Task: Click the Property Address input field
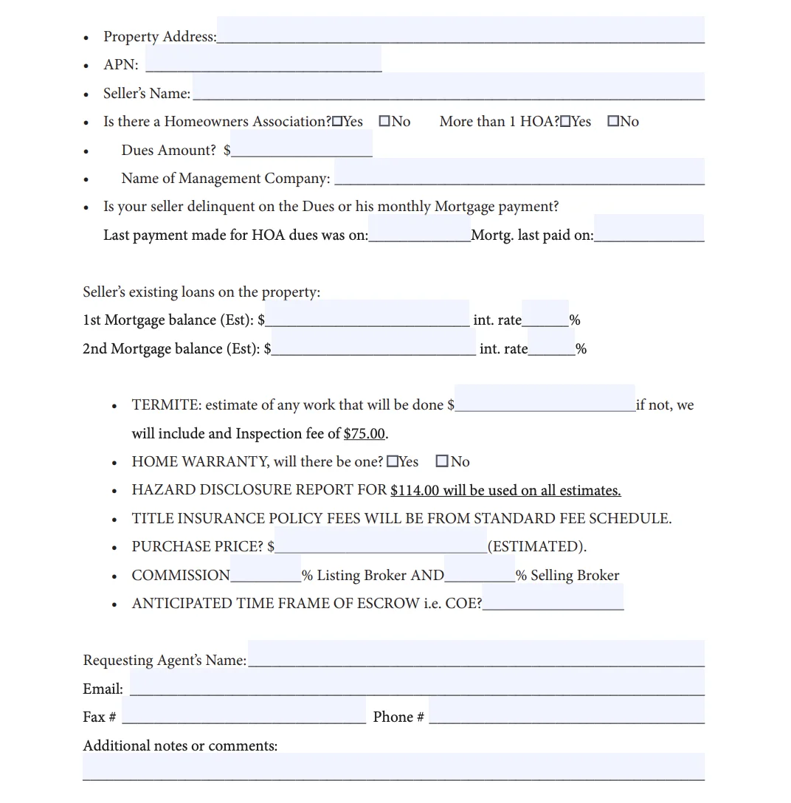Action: point(460,31)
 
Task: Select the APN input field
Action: point(263,59)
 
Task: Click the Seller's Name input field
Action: point(448,87)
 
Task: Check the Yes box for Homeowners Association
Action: point(337,122)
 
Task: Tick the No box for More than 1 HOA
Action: point(613,122)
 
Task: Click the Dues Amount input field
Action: point(301,144)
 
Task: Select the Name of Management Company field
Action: point(519,172)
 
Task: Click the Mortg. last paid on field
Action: point(649,229)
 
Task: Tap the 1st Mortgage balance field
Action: point(367,314)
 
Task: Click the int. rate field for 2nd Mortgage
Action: point(551,342)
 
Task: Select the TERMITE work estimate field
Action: point(545,399)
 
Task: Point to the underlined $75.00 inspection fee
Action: point(365,434)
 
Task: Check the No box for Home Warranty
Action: point(442,462)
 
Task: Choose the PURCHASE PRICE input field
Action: point(381,540)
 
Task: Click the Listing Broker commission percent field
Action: point(266,569)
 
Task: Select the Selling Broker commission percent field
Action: point(480,569)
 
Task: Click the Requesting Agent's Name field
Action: point(476,654)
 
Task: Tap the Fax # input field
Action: point(243,711)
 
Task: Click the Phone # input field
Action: point(566,711)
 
